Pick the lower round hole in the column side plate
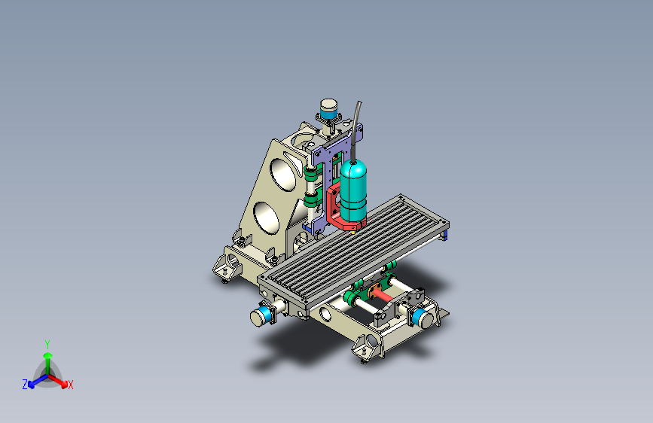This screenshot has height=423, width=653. point(266,218)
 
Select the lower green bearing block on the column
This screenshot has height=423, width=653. point(311,199)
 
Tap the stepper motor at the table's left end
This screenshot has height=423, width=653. point(261,315)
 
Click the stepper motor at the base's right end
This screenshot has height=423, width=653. point(423,318)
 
